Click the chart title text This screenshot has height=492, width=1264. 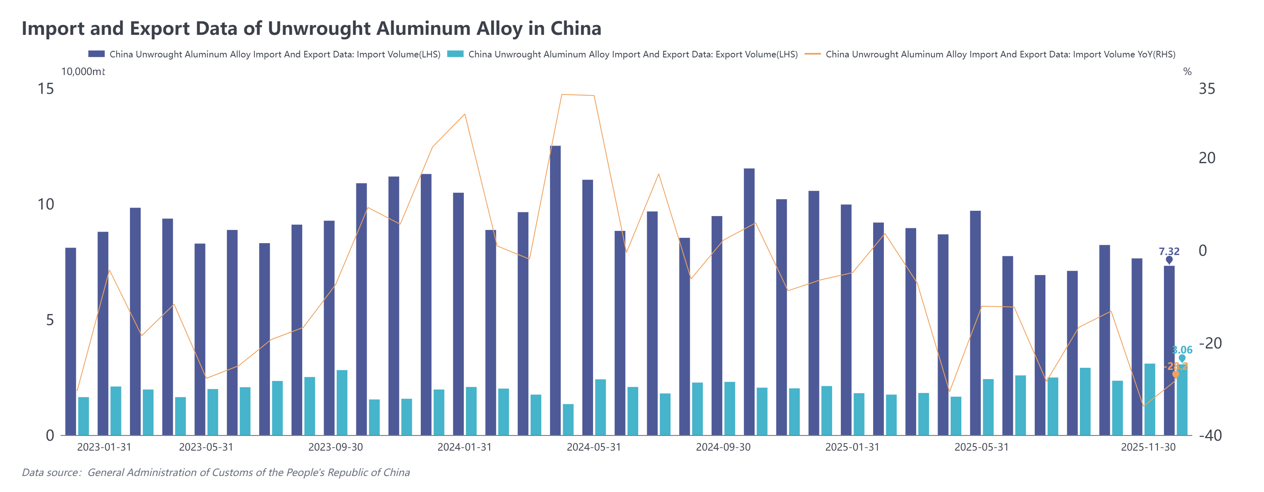point(311,28)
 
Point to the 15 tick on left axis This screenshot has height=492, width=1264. point(46,89)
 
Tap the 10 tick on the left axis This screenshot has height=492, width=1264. point(46,205)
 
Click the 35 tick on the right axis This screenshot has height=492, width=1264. point(1207,89)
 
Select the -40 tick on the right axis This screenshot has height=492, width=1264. point(1209,435)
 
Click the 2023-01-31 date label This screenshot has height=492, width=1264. point(104,447)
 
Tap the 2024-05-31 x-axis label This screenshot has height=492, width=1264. point(594,447)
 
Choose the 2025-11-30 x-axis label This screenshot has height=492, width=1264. point(1148,447)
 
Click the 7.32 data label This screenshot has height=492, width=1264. point(1169,251)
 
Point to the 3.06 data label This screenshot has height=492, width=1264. point(1182,350)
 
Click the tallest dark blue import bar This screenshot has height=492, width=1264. point(555,289)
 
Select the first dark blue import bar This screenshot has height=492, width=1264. point(71,341)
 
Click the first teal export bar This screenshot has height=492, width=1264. point(83,416)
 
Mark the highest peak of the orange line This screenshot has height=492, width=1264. point(562,94)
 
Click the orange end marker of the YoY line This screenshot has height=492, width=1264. point(1175,374)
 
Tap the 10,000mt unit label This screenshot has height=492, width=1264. point(82,72)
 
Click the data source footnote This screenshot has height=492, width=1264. point(216,472)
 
